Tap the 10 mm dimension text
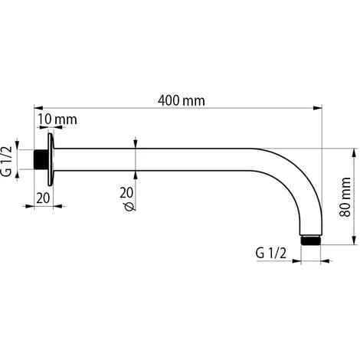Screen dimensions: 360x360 56,120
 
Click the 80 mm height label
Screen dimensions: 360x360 346,196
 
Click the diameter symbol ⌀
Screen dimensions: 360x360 127,207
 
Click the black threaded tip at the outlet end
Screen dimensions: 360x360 311,239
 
